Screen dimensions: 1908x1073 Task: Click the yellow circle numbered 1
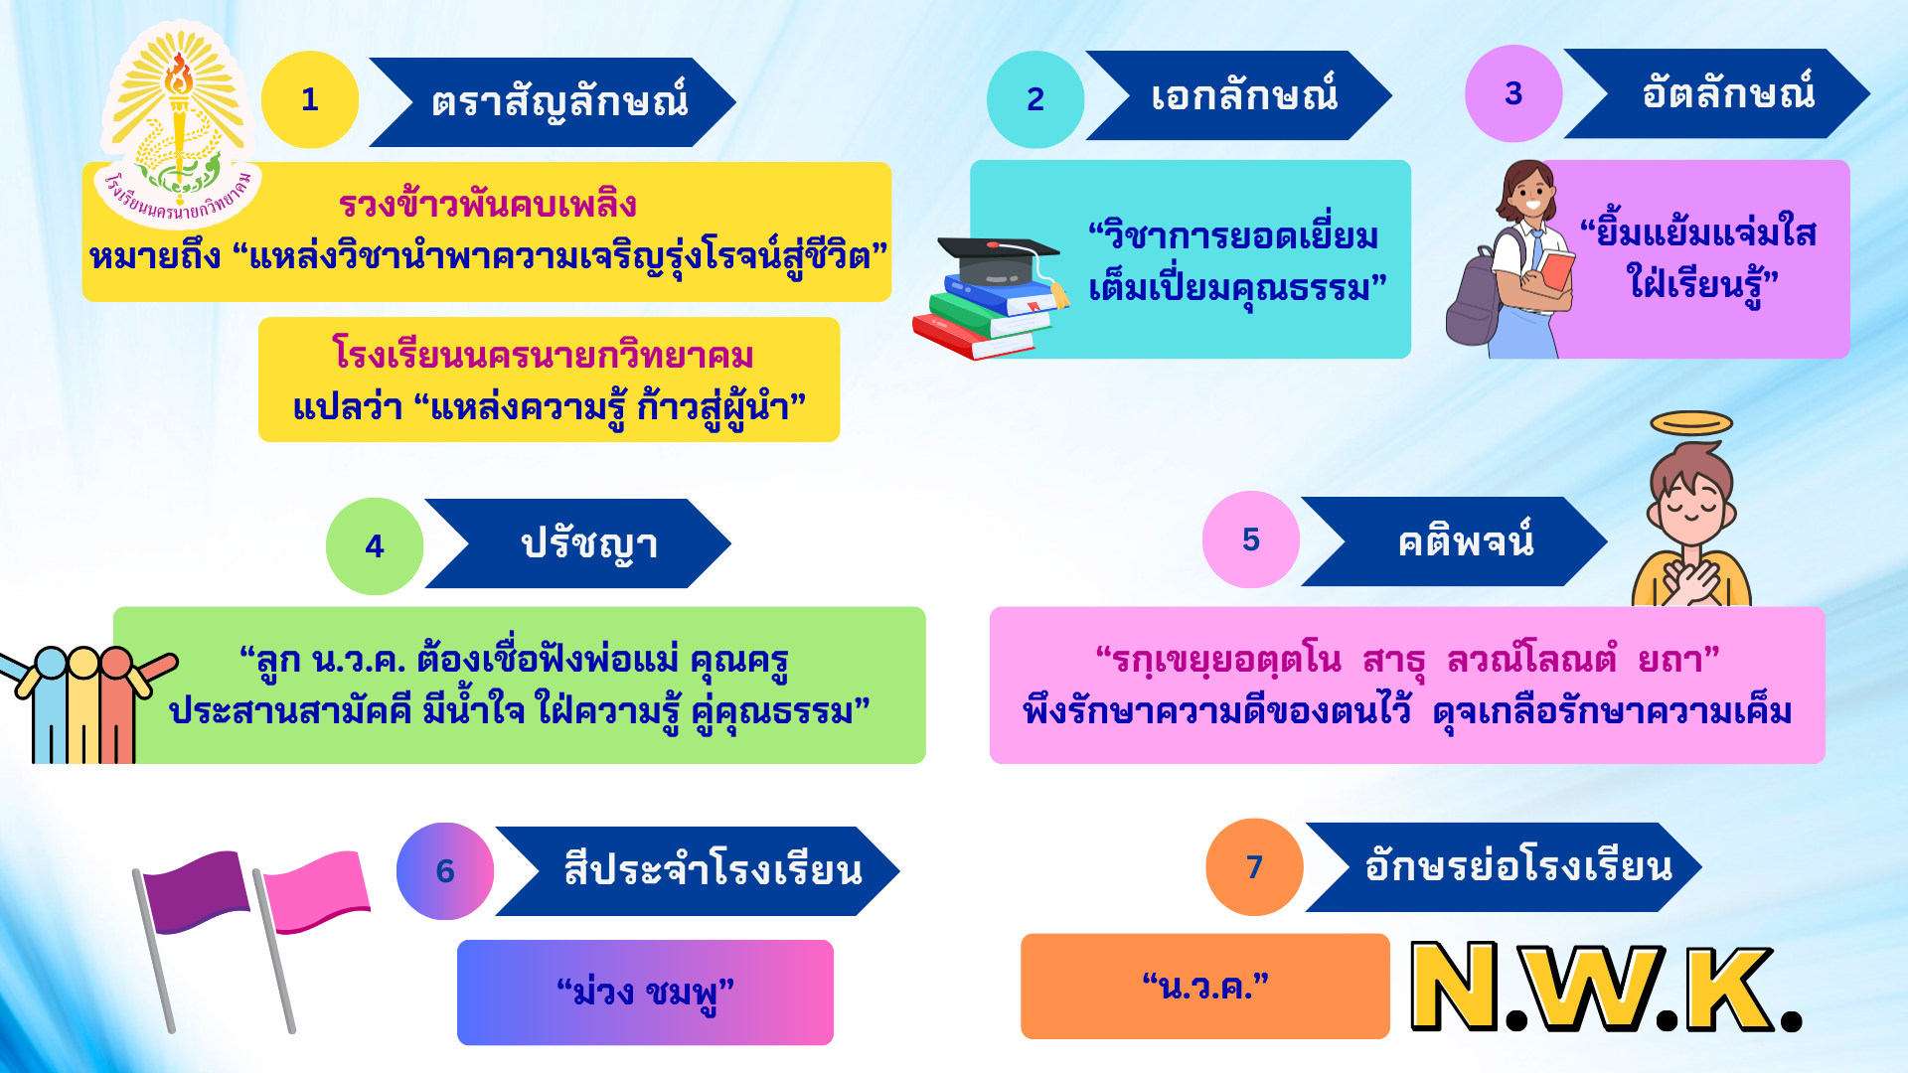point(310,99)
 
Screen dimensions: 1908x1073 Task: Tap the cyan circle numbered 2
point(1035,99)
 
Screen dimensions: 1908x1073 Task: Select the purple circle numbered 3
point(1513,93)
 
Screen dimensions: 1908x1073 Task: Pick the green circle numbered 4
point(375,546)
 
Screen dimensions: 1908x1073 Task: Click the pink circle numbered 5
point(1251,539)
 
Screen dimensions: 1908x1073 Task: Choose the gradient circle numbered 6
point(445,871)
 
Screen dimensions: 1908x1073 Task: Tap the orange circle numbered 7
point(1254,867)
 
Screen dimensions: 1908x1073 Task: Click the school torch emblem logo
point(180,124)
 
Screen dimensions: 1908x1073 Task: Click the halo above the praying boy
point(1691,423)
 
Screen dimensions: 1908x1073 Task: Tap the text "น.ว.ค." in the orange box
point(1205,987)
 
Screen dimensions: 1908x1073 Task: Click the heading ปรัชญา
point(589,544)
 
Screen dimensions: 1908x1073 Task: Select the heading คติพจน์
point(1466,540)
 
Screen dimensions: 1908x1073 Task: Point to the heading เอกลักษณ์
point(1244,95)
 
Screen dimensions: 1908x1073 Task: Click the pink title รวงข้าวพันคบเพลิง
point(487,204)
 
